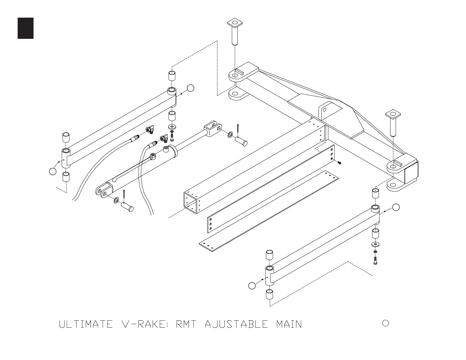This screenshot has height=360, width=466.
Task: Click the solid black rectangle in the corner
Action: click(x=26, y=28)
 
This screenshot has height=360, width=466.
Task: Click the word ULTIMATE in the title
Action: click(x=86, y=324)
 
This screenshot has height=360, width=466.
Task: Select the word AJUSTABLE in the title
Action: click(x=237, y=324)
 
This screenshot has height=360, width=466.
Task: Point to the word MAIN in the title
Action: click(x=289, y=324)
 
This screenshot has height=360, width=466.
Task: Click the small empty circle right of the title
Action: click(x=385, y=323)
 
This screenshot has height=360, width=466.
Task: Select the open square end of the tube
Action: click(x=191, y=202)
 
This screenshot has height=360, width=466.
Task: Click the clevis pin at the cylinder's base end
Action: click(x=127, y=207)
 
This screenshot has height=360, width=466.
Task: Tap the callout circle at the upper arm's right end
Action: click(x=191, y=88)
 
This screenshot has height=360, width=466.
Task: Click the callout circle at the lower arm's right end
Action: click(x=396, y=207)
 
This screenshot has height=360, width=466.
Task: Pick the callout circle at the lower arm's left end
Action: click(x=252, y=285)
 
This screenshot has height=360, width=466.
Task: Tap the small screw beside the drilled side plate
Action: click(x=339, y=163)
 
